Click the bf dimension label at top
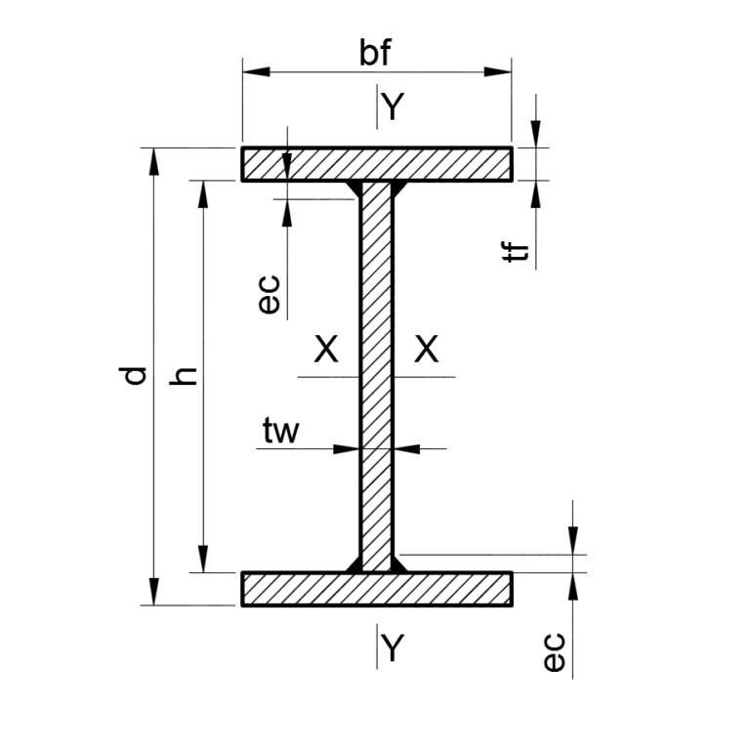pyautogui.click(x=375, y=52)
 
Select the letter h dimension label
pyautogui.click(x=184, y=376)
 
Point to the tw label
pyautogui.click(x=281, y=431)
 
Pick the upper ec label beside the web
pyautogui.click(x=269, y=294)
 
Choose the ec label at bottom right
pyautogui.click(x=555, y=651)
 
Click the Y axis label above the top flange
pyautogui.click(x=393, y=106)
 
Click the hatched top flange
pyautogui.click(x=377, y=164)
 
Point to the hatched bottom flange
pyautogui.click(x=377, y=589)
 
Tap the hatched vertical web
pyautogui.click(x=376, y=376)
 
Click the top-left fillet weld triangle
pyautogui.click(x=354, y=188)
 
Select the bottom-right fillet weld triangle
pyautogui.click(x=399, y=564)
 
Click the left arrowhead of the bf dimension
pyautogui.click(x=256, y=72)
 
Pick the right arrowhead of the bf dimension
pyautogui.click(x=498, y=72)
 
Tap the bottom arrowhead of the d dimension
pyautogui.click(x=153, y=592)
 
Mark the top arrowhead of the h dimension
pyautogui.click(x=203, y=194)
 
